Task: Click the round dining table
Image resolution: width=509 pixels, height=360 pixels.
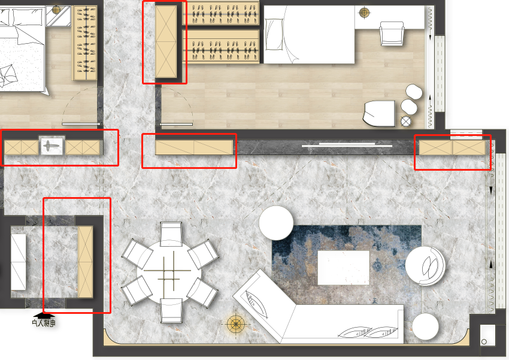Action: click(169, 272)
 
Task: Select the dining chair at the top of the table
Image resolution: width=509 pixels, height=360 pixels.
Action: click(171, 234)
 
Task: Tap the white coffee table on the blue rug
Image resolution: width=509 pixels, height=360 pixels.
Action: click(344, 268)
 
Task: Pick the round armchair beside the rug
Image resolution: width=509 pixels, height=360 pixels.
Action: click(425, 266)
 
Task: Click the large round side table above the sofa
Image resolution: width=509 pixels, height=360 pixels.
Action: click(276, 223)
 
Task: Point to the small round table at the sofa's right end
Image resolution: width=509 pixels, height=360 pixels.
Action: click(425, 326)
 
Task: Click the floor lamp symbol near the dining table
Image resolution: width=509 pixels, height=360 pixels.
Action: click(236, 324)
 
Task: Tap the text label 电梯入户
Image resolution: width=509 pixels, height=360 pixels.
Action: click(44, 323)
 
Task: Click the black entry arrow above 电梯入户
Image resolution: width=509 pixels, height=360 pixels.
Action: click(44, 315)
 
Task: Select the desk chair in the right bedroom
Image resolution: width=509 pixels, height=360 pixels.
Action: click(392, 34)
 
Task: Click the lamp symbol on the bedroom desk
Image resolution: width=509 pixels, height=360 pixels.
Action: click(364, 13)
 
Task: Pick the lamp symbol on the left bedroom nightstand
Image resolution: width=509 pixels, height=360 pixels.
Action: click(56, 10)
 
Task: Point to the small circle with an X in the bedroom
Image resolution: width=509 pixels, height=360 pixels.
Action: click(406, 122)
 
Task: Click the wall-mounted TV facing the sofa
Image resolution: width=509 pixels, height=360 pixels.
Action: click(347, 145)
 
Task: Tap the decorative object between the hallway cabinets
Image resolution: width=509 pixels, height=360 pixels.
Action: click(52, 146)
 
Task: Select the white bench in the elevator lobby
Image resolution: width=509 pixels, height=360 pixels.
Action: click(18, 262)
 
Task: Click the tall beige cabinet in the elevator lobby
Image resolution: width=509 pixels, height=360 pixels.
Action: click(86, 262)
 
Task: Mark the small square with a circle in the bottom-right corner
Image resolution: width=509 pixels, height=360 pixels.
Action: click(487, 335)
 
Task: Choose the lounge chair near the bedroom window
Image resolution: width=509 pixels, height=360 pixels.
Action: click(379, 113)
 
